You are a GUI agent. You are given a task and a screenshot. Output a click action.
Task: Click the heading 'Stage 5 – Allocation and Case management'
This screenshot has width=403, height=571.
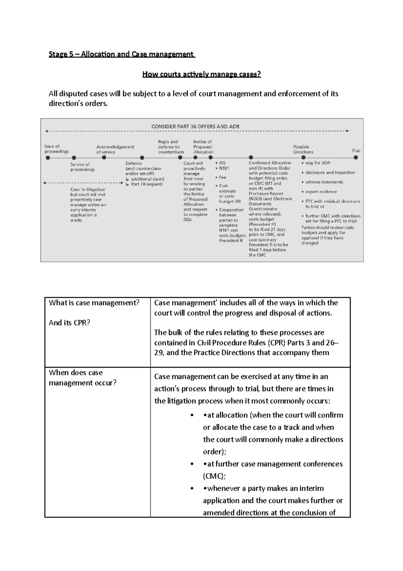tap(122, 54)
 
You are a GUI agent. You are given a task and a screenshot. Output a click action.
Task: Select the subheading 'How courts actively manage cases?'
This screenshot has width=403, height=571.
tap(201, 74)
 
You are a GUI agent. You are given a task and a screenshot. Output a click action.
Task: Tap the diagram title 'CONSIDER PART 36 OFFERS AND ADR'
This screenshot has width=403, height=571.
tap(195, 126)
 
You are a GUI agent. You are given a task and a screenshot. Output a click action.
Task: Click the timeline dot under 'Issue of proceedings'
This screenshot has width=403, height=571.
tap(48, 157)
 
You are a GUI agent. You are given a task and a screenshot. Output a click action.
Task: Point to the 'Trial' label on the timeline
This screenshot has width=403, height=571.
tap(356, 151)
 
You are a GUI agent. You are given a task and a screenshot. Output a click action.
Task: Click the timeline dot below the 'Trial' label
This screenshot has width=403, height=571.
tap(356, 157)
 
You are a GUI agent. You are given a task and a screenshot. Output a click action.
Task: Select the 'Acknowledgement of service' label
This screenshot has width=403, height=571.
tap(115, 149)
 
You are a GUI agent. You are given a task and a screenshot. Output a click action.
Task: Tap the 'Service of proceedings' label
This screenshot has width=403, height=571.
tap(82, 167)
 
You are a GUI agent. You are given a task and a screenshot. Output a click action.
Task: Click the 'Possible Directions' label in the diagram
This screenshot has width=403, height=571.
tap(303, 149)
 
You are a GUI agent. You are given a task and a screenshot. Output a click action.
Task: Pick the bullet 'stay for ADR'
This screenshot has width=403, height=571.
tap(317, 163)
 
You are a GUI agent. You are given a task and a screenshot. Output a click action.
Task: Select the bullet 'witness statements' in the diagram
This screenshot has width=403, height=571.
tap(324, 182)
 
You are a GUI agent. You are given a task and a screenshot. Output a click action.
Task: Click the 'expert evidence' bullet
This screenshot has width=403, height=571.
tap(321, 192)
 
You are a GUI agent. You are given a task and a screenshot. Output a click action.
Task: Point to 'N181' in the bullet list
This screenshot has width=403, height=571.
tap(224, 168)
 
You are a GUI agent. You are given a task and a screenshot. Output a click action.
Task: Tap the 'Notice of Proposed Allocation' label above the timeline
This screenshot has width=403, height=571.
tap(203, 147)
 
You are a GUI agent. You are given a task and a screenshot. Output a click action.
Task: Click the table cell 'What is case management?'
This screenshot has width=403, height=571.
tap(94, 303)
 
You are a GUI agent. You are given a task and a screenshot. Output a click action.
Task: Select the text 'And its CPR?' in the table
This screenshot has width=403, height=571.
tap(70, 323)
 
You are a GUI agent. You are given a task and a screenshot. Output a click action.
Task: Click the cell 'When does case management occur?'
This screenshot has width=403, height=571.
tap(83, 378)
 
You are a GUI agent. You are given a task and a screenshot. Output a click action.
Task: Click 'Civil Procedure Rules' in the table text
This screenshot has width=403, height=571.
tap(231, 343)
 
